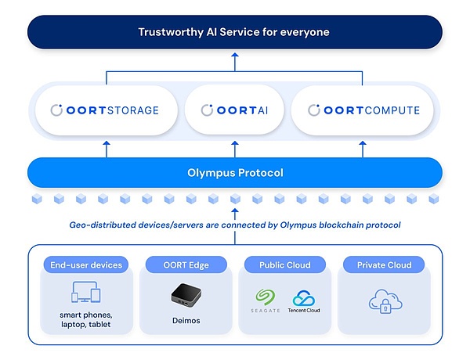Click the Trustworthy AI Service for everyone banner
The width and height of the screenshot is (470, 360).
tap(234, 32)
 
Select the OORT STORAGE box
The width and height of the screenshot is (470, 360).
tap(105, 110)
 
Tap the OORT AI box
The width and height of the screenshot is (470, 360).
tap(234, 110)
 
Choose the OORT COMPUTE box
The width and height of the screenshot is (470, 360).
tap(363, 110)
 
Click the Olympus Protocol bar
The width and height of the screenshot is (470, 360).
tap(234, 173)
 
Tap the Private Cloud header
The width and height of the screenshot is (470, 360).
tap(384, 265)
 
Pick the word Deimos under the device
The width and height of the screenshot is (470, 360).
tap(186, 321)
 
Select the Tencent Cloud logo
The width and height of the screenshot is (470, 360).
tap(304, 301)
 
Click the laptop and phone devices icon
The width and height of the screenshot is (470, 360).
tap(86, 292)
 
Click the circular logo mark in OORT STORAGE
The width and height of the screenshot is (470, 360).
tap(56, 110)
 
